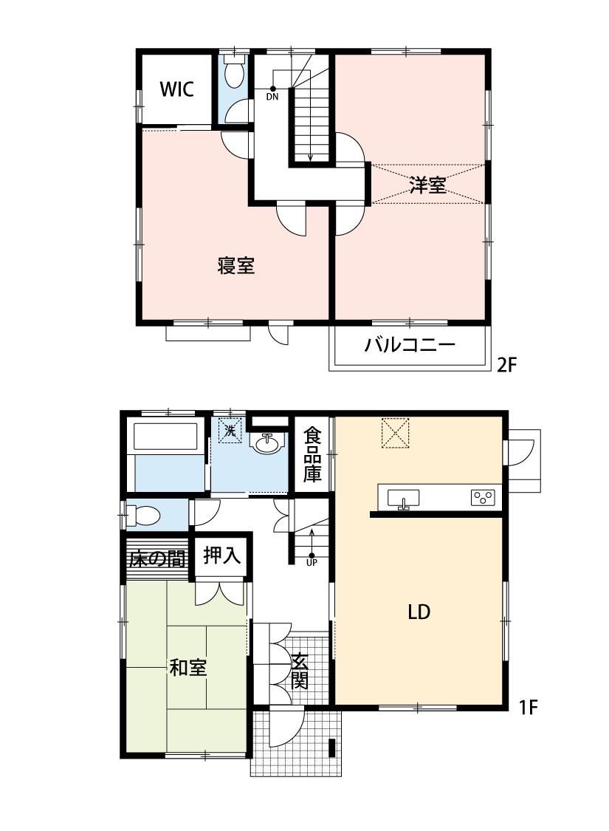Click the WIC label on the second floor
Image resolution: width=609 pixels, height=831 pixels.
[x=177, y=89]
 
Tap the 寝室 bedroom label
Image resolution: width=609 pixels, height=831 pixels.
[x=236, y=265]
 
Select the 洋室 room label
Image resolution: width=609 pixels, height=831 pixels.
[x=427, y=185]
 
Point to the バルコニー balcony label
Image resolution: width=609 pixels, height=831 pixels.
[x=410, y=346]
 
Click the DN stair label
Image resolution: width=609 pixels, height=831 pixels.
[x=272, y=97]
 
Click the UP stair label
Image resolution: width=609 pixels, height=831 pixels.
[x=312, y=562]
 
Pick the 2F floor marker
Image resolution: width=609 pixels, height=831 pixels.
[x=506, y=365]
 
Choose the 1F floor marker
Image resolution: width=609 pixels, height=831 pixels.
[x=528, y=707]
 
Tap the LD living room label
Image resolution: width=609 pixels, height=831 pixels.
[x=419, y=612]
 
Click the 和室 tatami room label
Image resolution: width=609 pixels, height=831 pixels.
[x=188, y=667]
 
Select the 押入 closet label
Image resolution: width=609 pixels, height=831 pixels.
[x=222, y=555]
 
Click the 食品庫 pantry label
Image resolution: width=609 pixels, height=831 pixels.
[x=312, y=455]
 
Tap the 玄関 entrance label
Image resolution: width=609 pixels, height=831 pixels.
[x=299, y=671]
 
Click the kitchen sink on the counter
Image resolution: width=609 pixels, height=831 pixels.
[x=404, y=499]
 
